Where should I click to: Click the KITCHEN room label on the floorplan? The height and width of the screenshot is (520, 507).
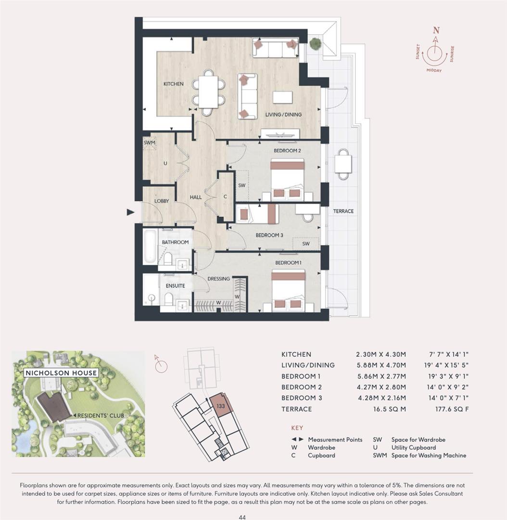click(x=173, y=84)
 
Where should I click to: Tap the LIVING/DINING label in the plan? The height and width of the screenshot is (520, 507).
click(x=284, y=115)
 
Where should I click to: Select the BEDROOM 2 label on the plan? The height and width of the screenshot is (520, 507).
click(x=287, y=151)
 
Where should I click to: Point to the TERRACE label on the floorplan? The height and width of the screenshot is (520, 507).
click(x=343, y=211)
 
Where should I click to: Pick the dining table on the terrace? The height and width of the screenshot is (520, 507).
click(x=343, y=164)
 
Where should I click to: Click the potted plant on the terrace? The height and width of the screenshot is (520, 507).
click(x=315, y=44)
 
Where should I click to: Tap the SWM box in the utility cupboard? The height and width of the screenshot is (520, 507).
click(x=149, y=143)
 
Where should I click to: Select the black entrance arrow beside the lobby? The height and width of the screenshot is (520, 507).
click(x=130, y=212)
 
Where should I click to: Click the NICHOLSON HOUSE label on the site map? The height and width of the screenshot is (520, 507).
click(x=61, y=373)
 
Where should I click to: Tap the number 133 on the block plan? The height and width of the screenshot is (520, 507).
click(x=221, y=405)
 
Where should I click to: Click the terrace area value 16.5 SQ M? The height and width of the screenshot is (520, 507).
click(x=388, y=409)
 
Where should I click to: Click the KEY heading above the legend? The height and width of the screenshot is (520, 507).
click(x=297, y=428)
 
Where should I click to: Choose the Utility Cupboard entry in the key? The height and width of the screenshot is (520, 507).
click(x=414, y=447)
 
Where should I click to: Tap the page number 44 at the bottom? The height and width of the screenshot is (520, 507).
click(x=242, y=517)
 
